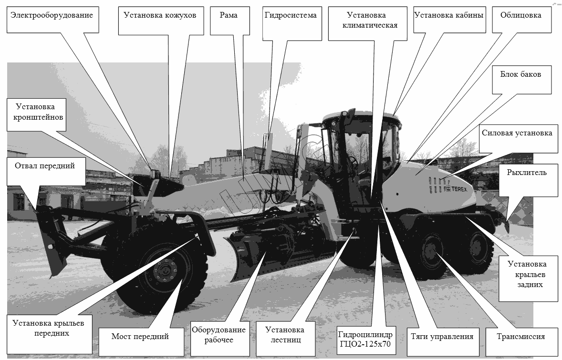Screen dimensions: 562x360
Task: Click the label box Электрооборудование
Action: tap(52, 20)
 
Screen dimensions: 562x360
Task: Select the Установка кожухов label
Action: tap(161, 21)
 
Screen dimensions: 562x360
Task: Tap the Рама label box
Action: tap(230, 21)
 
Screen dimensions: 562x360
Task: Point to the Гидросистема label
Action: tap(292, 23)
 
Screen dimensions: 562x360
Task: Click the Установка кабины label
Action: tap(449, 20)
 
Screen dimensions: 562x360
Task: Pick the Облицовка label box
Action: tap(521, 20)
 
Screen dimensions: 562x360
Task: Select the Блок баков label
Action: tap(521, 80)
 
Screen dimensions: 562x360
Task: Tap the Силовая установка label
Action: tap(518, 139)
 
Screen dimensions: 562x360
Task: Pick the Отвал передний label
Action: tap(46, 171)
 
